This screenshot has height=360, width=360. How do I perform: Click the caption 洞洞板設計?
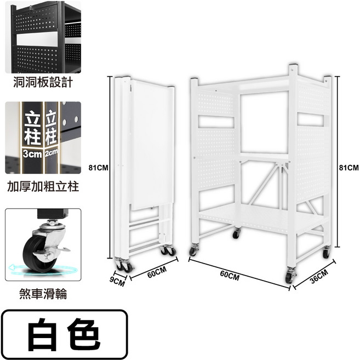point(43,82)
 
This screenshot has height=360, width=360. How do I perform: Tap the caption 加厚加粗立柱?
point(43,186)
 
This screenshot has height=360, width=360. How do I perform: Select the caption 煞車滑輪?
point(43,294)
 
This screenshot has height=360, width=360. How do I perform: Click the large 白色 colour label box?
point(64,334)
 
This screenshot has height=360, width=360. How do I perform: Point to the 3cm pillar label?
point(32,153)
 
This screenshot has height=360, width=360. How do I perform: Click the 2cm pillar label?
point(51,153)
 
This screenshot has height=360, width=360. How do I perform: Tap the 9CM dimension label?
point(117,282)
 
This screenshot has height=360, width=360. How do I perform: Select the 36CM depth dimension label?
point(319,277)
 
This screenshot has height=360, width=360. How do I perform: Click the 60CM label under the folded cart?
point(157,272)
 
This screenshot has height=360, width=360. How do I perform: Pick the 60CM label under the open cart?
point(230,276)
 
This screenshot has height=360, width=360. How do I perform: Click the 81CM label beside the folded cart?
point(98,168)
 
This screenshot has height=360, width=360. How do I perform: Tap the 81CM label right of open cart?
point(348,168)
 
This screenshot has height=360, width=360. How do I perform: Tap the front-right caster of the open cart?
point(290,275)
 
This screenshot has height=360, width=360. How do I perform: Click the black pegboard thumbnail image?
point(43,37)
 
